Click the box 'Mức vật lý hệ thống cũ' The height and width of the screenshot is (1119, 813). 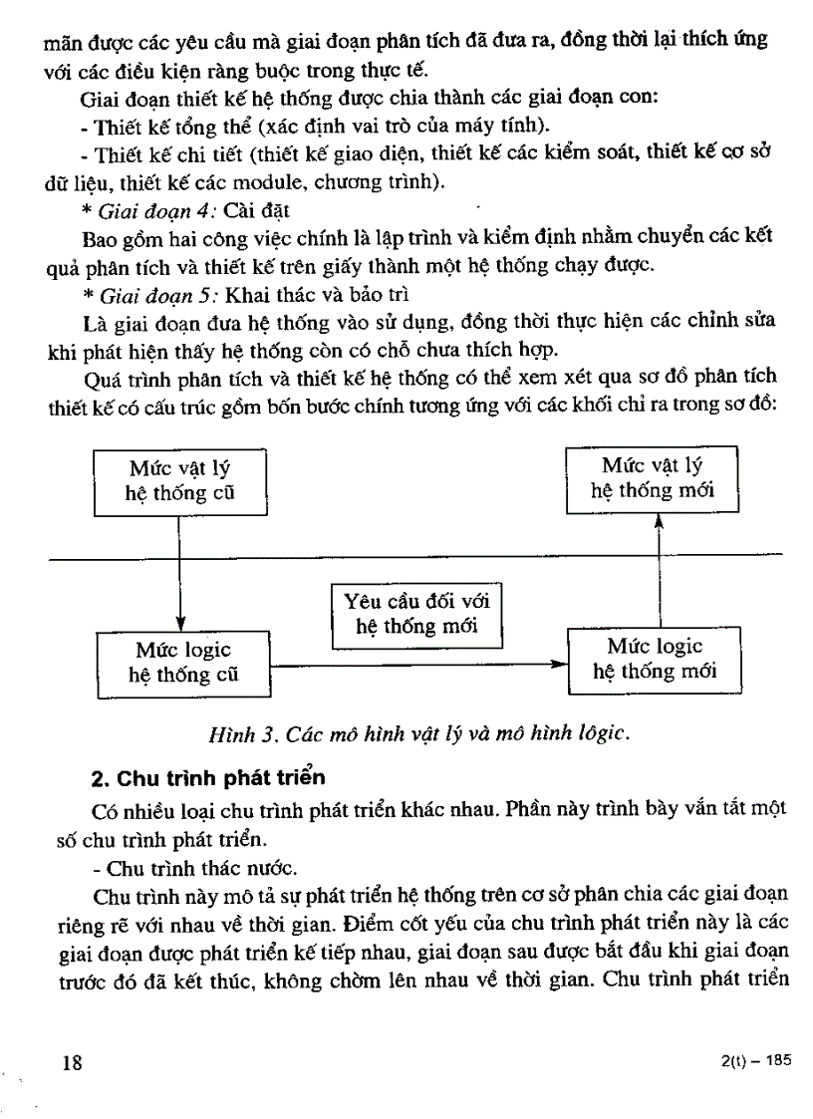[181, 481]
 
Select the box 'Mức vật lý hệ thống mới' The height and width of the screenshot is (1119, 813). [653, 478]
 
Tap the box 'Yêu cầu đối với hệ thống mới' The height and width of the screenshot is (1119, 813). [416, 614]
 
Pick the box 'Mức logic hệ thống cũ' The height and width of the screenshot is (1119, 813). [183, 662]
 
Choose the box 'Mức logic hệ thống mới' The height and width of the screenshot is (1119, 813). [654, 659]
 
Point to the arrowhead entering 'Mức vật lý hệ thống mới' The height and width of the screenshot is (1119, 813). [659, 520]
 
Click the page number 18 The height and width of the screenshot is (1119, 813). [72, 1062]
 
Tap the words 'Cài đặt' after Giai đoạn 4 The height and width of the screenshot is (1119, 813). [256, 211]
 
